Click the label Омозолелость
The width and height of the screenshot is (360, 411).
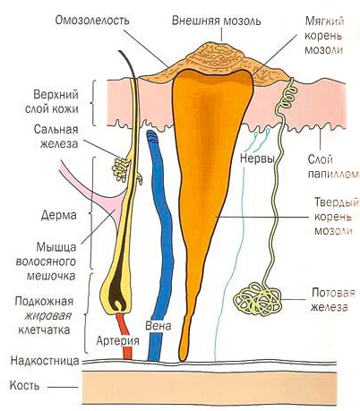click(92, 21)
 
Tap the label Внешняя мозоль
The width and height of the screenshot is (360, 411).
click(217, 21)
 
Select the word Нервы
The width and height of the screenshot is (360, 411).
click(257, 158)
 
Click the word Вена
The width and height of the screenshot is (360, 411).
click(158, 325)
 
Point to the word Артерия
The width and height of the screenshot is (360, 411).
click(118, 340)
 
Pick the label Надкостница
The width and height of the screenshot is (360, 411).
click(45, 361)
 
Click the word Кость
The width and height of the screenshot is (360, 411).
click(24, 385)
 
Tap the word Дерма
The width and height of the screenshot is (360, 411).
click(59, 215)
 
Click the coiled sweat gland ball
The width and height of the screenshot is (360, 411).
click(257, 298)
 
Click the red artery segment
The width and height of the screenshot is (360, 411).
click(124, 336)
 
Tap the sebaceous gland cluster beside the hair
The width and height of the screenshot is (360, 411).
click(120, 169)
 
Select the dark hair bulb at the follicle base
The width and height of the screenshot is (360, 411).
click(117, 294)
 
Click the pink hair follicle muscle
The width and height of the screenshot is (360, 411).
click(99, 195)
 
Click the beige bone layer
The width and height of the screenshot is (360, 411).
click(210, 388)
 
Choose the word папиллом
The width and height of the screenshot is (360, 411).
click(333, 174)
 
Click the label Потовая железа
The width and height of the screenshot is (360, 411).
click(332, 300)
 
